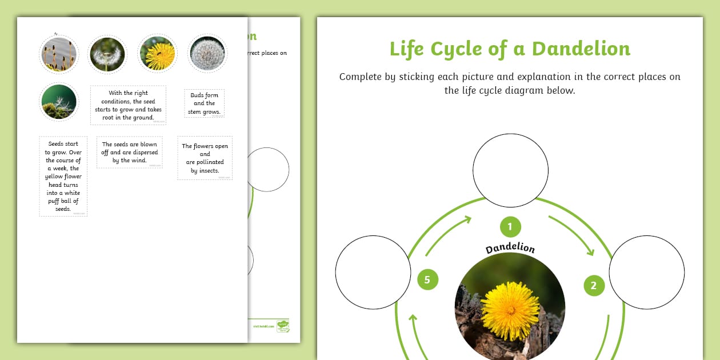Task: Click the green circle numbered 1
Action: (510, 226)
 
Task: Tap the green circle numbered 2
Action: (594, 285)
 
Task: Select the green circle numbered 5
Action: (427, 279)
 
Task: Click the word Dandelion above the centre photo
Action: (510, 249)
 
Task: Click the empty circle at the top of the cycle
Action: (510, 170)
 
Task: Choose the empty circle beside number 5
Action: (373, 272)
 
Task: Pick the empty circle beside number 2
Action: (646, 272)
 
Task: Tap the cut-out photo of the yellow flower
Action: (157, 54)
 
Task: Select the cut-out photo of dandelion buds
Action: (58, 54)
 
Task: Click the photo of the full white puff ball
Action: (207, 54)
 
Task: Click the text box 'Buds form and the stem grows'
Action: (204, 103)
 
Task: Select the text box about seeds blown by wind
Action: (129, 153)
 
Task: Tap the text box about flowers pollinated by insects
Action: (205, 158)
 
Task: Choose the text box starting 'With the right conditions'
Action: (128, 105)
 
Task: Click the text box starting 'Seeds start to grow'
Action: (63, 176)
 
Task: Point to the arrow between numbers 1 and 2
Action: (572, 234)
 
